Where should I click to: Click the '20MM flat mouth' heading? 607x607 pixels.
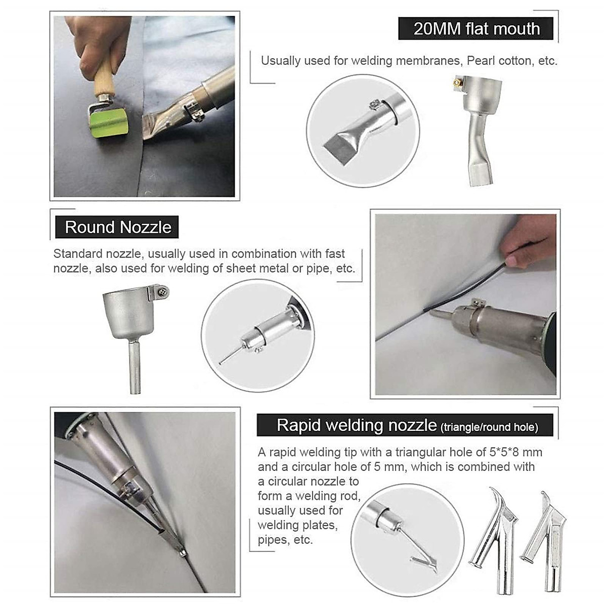476,29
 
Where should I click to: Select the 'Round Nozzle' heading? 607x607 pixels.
118,227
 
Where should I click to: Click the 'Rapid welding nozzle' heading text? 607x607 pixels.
357,425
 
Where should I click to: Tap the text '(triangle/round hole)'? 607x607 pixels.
489,427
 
